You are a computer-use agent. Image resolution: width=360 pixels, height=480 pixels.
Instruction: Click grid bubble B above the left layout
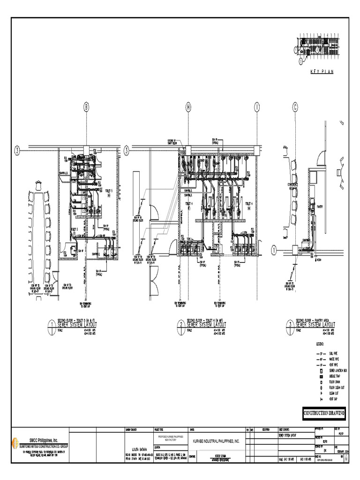pyautogui.click(x=86, y=107)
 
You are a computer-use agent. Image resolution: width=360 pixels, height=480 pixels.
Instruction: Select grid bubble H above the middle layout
pyautogui.click(x=188, y=107)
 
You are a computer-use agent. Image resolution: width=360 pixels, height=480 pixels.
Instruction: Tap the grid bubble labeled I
pyautogui.click(x=257, y=107)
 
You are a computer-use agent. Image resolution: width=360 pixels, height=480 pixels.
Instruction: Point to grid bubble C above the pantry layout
pyautogui.click(x=295, y=107)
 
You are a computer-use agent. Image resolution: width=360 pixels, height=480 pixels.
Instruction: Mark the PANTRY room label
pyautogui.click(x=319, y=206)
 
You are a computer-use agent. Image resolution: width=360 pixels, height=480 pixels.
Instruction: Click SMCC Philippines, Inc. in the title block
pyautogui.click(x=43, y=440)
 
